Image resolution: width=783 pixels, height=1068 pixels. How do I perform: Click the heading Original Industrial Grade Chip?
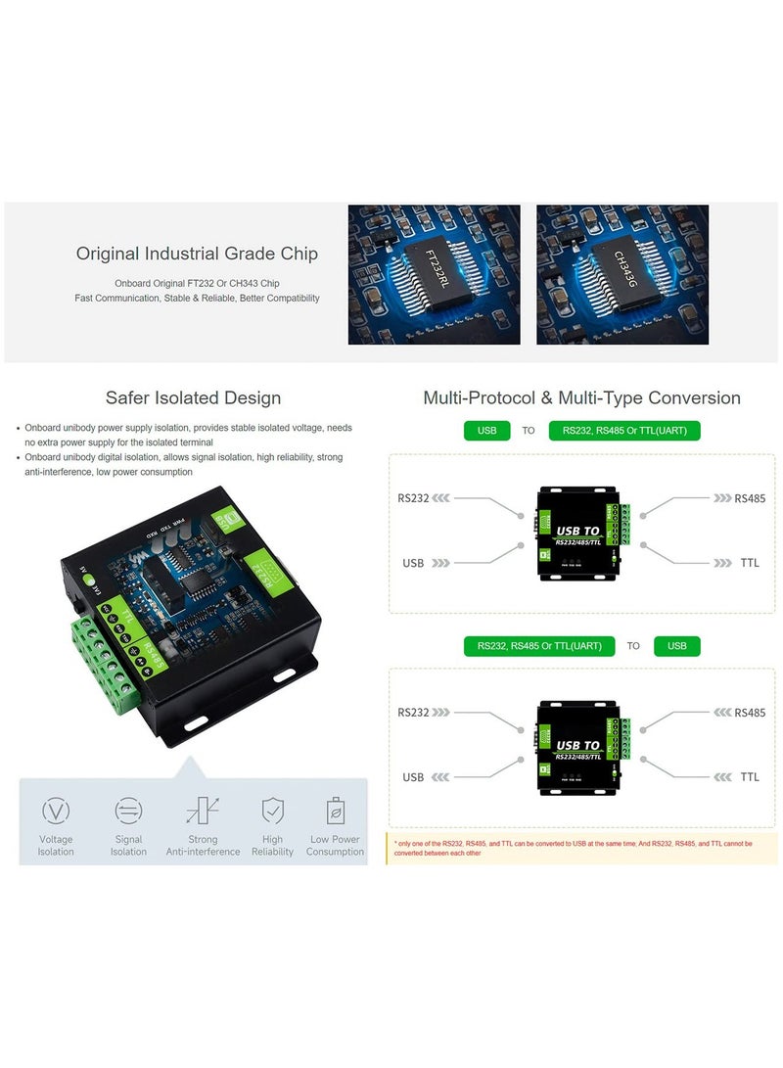(197, 254)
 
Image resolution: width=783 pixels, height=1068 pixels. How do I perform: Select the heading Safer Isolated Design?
(193, 397)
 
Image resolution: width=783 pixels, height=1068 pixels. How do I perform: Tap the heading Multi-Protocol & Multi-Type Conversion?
(581, 397)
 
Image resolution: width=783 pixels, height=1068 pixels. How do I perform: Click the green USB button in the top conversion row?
(486, 431)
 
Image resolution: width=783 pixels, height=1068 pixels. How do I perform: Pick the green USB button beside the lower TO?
(676, 646)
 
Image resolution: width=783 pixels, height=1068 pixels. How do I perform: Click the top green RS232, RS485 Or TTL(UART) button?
(624, 431)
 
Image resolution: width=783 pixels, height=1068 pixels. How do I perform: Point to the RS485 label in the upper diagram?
(750, 498)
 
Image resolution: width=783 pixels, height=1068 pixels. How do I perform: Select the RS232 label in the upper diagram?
(413, 498)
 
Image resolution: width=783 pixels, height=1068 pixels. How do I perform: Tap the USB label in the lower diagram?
(413, 777)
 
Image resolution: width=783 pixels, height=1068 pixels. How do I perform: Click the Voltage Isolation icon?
(56, 811)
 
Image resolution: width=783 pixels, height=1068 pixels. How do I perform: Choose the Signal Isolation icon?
(128, 811)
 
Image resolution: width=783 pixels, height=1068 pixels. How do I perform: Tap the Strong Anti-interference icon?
(203, 811)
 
